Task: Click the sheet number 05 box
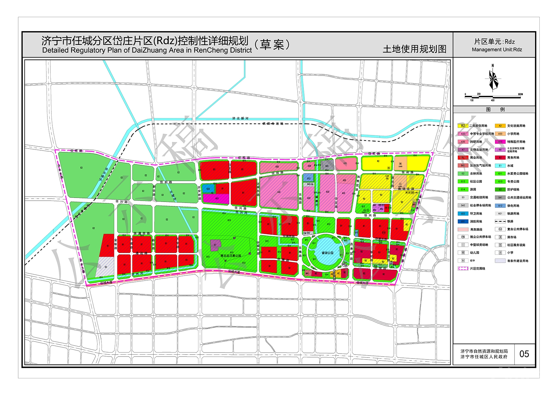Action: pos(524,354)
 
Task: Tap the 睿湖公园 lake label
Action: pos(327,253)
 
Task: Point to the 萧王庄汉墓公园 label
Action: pos(231,256)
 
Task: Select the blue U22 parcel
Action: pos(208,189)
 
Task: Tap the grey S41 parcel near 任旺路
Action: pos(327,166)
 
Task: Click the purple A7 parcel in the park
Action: pos(215,245)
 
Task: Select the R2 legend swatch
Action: pos(463,126)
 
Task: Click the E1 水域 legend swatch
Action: pos(500,165)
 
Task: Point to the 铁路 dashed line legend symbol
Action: pos(500,221)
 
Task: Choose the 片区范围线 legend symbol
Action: pos(463,269)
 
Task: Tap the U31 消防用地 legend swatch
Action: pos(463,222)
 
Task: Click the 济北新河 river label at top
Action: pos(240,118)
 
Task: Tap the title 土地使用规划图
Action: pos(415,49)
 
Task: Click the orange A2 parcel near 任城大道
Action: pos(339,274)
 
